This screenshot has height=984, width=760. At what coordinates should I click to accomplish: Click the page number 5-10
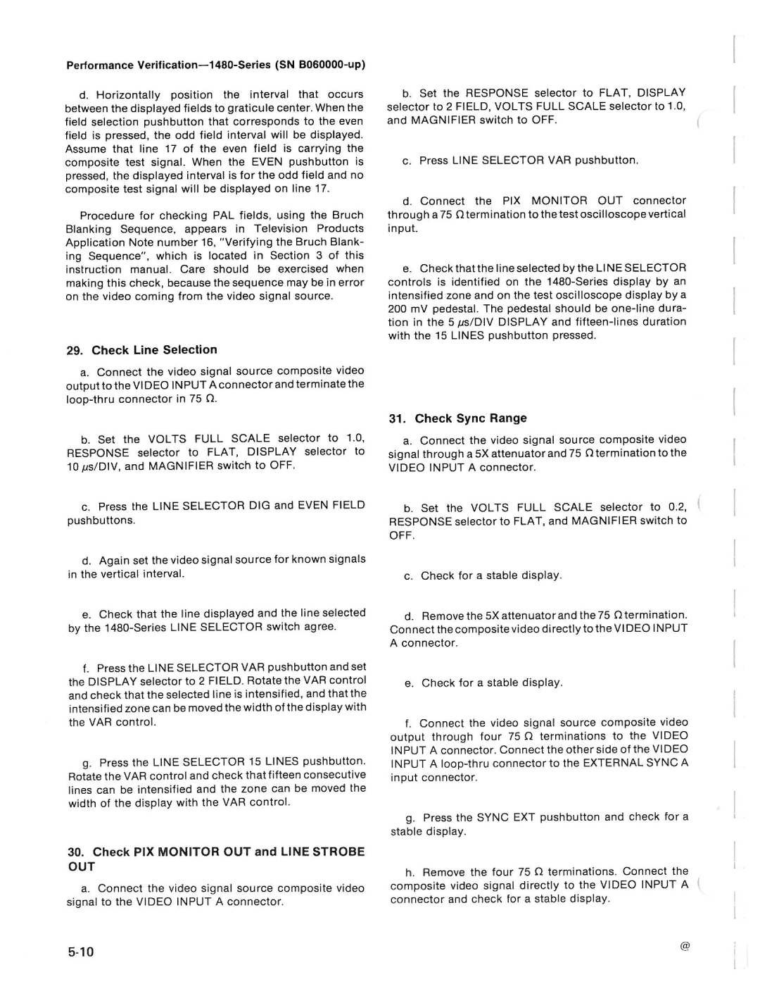(81, 952)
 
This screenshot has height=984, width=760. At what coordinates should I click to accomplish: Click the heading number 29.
(75, 350)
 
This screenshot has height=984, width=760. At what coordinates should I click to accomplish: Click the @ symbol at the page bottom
(684, 947)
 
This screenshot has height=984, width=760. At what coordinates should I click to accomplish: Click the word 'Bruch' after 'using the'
(348, 215)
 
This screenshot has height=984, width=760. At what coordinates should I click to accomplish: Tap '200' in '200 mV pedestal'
(398, 309)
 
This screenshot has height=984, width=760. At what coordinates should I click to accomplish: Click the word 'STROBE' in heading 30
(336, 852)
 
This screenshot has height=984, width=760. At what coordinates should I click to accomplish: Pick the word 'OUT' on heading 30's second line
(82, 867)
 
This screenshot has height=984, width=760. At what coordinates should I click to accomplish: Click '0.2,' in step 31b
(676, 507)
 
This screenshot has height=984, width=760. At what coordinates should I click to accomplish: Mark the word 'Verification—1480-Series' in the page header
(204, 65)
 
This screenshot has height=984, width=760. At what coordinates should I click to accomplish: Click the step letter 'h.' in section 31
(410, 871)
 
